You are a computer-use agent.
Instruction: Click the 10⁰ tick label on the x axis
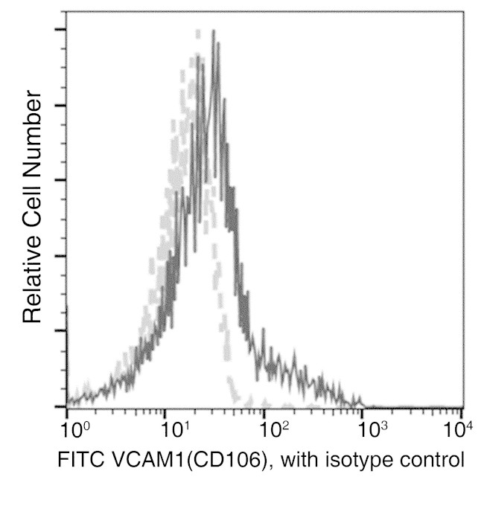(x=74, y=431)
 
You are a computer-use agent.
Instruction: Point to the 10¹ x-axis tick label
(x=173, y=431)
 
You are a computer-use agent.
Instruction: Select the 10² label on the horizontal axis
(x=273, y=431)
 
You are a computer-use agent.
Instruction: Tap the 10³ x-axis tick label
(x=372, y=431)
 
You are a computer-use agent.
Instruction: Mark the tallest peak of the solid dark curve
(x=214, y=31)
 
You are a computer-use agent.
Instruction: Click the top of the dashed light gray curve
(x=197, y=31)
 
